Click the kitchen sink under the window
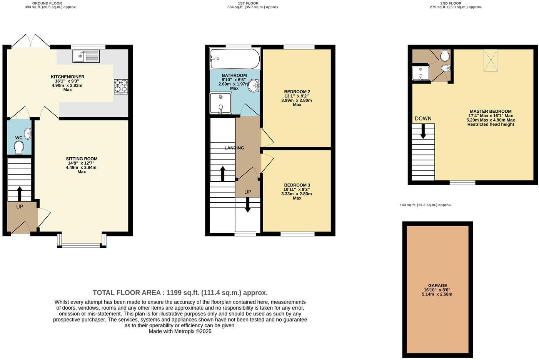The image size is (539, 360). point(86,57)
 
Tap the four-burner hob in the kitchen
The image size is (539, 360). point(121,87)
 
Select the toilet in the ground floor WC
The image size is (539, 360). point(19,147)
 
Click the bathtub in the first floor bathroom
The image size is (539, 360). point(235,59)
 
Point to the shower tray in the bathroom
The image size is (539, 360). point(220,103)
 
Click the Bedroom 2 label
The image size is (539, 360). point(297,92)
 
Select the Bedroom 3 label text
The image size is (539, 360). point(297,185)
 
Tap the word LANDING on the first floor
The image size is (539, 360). point(234,148)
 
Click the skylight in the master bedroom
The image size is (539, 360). point(491,60)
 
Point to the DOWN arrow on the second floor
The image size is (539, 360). point(423,132)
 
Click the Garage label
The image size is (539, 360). point(437,286)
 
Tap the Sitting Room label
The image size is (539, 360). point(82,159)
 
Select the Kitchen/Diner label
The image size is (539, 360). point(68,77)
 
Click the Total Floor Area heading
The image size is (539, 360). point(180,293)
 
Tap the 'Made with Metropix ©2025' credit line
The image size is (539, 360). point(180,331)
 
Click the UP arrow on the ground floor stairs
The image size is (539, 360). point(19,193)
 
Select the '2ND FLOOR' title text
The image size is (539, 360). point(451,3)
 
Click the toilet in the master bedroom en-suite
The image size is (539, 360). point(445,56)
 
